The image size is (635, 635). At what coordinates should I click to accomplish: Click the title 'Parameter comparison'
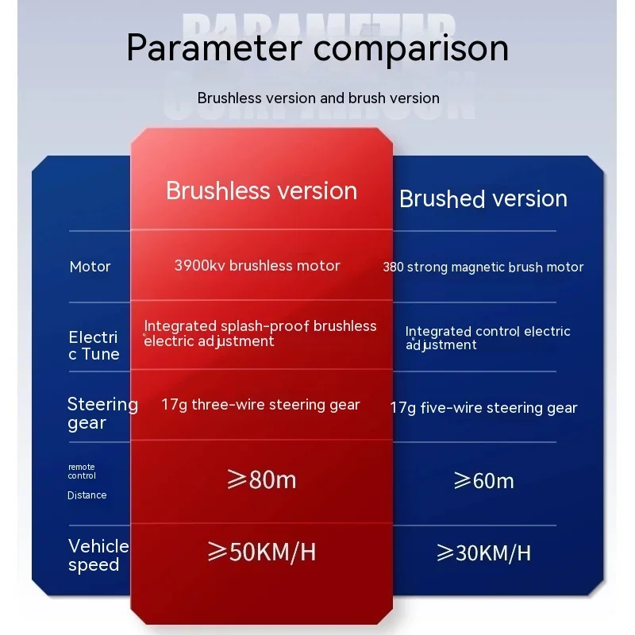click(317, 48)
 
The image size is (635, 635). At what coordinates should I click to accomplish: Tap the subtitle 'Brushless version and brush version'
click(318, 98)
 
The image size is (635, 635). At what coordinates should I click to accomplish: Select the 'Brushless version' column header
click(262, 190)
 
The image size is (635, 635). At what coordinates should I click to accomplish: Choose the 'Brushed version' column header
click(483, 198)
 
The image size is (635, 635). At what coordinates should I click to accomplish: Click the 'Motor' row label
click(90, 267)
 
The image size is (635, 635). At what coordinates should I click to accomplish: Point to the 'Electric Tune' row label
click(94, 345)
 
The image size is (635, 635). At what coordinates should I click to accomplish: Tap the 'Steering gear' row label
click(103, 413)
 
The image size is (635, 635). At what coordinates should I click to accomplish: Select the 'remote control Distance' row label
click(87, 482)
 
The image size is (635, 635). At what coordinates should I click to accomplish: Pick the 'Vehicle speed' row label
click(98, 555)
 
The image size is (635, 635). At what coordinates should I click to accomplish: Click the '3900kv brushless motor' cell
click(257, 266)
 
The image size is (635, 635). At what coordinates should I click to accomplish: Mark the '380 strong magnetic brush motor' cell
click(483, 267)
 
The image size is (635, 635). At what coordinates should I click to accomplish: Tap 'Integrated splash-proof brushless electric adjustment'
click(260, 333)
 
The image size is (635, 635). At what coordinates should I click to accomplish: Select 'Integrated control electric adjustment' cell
click(487, 338)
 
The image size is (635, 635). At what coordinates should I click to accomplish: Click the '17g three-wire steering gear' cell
click(260, 405)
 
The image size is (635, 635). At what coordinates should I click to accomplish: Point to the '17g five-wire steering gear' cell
click(483, 408)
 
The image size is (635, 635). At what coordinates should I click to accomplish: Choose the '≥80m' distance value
click(262, 479)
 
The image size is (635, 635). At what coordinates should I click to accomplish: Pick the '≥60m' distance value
click(483, 481)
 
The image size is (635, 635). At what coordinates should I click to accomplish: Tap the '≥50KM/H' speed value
click(262, 552)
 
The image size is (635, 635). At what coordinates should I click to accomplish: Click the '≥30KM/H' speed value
click(483, 552)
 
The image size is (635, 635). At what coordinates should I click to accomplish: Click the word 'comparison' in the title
click(411, 49)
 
